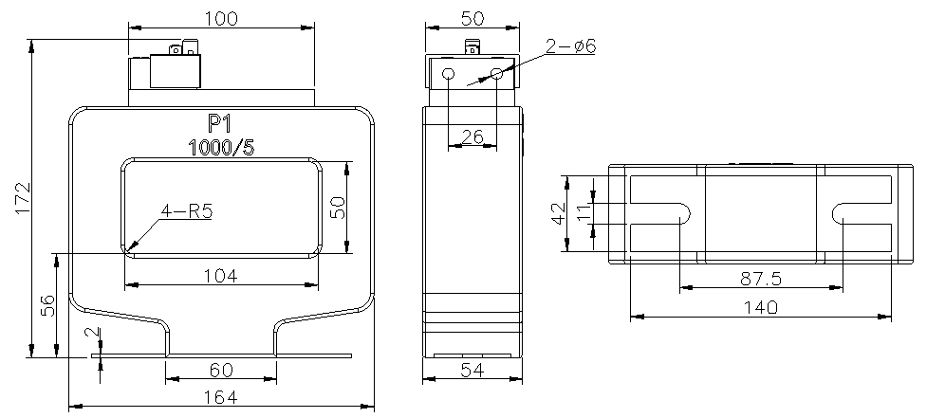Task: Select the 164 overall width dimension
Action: pos(221,397)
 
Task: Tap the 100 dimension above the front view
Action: pos(221,19)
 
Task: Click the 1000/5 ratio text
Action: pos(221,148)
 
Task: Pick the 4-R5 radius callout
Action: pos(187,210)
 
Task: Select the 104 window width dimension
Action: pos(220,276)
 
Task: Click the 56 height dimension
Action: pos(47,305)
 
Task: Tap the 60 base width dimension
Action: pos(221,370)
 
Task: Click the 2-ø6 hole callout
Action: pos(571,46)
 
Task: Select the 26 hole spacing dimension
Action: pos(472,137)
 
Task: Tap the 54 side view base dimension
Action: pos(472,371)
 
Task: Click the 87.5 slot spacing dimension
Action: pos(761,279)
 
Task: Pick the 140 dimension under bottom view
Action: pos(761,308)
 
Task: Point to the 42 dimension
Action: pos(559,213)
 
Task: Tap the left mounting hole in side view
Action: pos(449,74)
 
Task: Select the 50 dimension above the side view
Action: pos(472,19)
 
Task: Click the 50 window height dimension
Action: pos(338,208)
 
